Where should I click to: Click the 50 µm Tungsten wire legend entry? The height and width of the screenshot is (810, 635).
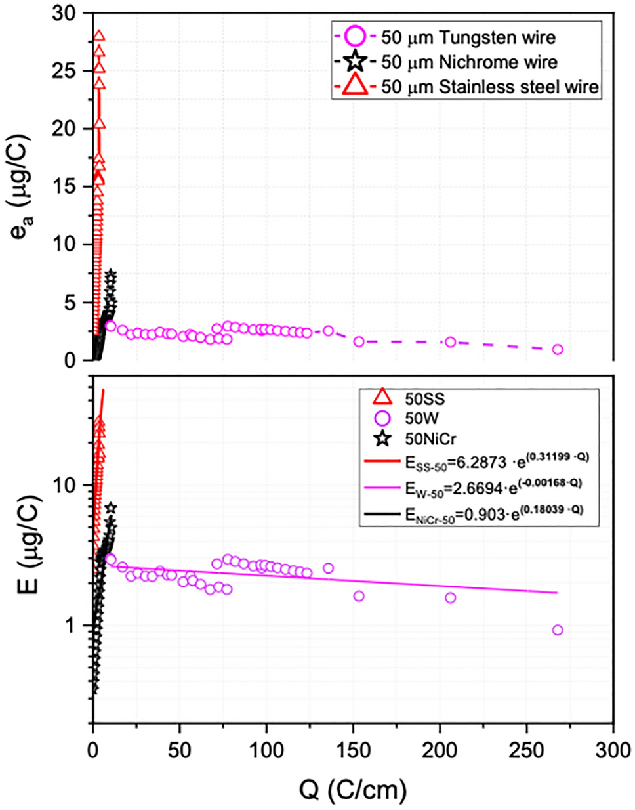click(x=468, y=37)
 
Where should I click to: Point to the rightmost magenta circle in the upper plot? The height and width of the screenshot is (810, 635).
click(x=558, y=349)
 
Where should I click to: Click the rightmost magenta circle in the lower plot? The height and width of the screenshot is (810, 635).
click(x=558, y=630)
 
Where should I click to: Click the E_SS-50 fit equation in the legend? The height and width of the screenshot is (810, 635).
click(x=496, y=461)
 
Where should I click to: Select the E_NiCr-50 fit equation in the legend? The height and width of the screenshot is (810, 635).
click(x=496, y=514)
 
